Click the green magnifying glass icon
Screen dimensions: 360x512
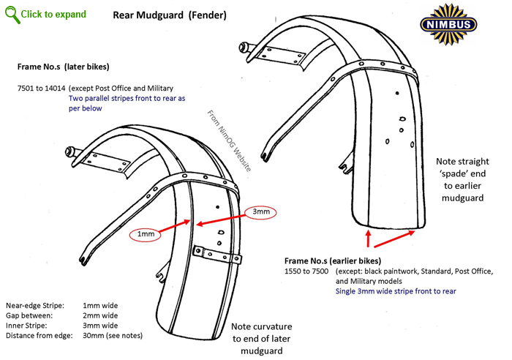pyautogui.click(x=11, y=13)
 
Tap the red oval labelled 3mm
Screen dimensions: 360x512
pyautogui.click(x=260, y=211)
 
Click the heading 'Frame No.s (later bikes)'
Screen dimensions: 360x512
pyautogui.click(x=64, y=67)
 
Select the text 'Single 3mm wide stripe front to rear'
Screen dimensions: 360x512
pyautogui.click(x=396, y=291)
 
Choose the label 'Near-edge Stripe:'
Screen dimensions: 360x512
pyautogui.click(x=35, y=305)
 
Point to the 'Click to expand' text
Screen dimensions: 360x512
pyautogui.click(x=53, y=15)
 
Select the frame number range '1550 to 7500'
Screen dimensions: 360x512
pyautogui.click(x=307, y=271)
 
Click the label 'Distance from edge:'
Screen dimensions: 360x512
pyautogui.click(x=39, y=336)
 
